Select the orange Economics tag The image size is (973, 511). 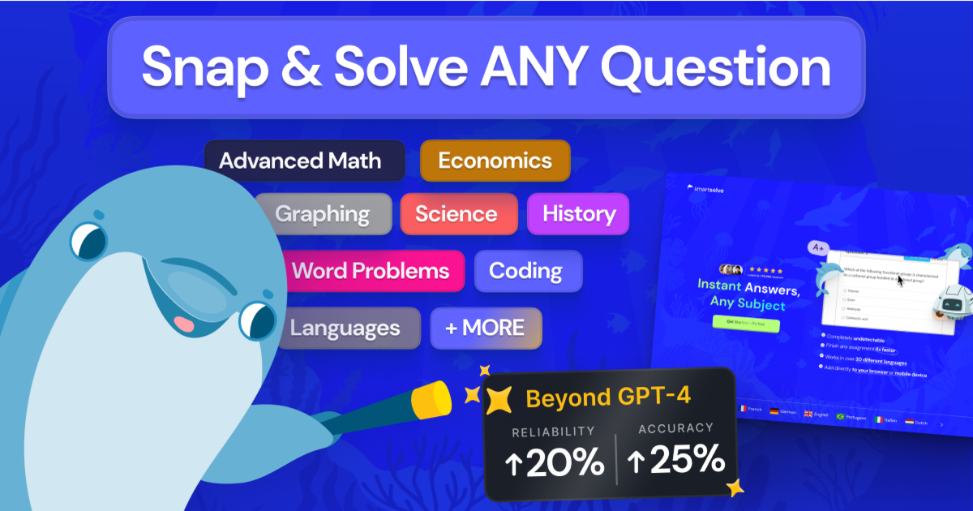[495, 161]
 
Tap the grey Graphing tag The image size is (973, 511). [323, 214]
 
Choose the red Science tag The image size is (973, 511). [456, 214]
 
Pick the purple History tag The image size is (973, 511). [578, 214]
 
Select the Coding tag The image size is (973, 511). [526, 270]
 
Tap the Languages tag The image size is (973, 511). [345, 328]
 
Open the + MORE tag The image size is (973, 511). [485, 328]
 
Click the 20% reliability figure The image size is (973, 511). [555, 462]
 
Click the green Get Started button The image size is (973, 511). [734, 324]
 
